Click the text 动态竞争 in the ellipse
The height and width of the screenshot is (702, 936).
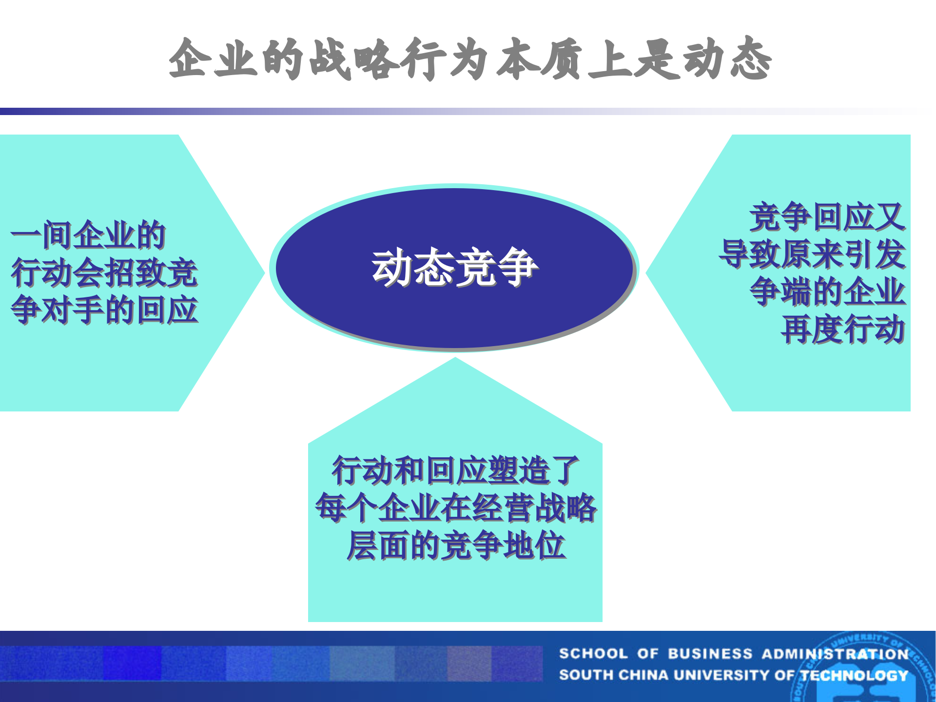(454, 267)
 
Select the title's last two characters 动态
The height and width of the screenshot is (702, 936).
(726, 59)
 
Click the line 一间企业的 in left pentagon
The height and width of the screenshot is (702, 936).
(88, 235)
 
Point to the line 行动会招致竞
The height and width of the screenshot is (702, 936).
(104, 273)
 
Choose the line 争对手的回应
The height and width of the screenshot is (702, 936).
(104, 310)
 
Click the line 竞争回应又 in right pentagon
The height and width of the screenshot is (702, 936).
(827, 217)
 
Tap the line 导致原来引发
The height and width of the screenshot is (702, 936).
(812, 254)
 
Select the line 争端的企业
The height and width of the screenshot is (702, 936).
(827, 292)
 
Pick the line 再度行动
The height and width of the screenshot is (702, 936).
(842, 330)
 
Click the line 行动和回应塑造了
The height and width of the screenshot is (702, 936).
(455, 470)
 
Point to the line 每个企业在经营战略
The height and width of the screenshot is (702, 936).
(455, 508)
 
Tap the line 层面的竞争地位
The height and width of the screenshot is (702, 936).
(455, 546)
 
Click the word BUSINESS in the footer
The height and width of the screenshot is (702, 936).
(710, 654)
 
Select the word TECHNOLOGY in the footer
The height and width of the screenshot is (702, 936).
(854, 675)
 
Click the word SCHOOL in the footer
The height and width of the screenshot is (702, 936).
(593, 654)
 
